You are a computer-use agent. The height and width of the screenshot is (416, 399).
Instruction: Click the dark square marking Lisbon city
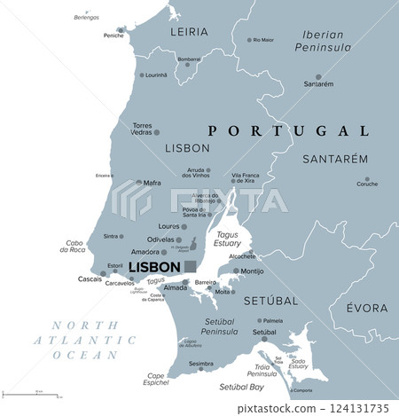coord(191,266)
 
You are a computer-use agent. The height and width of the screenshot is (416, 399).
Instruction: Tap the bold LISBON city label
coord(155,267)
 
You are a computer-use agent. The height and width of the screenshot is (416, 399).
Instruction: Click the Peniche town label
coord(113,35)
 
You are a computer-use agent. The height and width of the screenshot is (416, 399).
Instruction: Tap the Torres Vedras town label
coord(142,129)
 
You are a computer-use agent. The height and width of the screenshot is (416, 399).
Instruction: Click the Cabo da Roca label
coord(74,246)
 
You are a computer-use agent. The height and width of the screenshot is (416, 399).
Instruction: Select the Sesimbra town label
coord(200,363)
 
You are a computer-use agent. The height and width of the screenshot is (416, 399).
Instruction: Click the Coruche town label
coord(366,184)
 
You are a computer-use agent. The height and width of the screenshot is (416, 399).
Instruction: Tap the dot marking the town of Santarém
coord(318,76)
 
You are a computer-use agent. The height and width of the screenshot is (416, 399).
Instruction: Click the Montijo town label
coord(252,271)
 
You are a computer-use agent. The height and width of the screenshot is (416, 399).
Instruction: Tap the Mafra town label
coord(152,183)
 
